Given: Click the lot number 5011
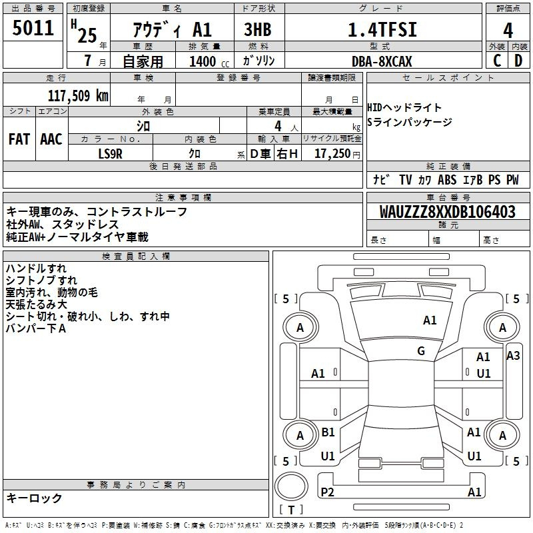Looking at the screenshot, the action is (x=33, y=28).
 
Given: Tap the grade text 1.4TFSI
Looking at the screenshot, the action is (x=382, y=29).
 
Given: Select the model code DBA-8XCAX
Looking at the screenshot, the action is (x=382, y=61).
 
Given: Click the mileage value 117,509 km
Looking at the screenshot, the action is (x=78, y=95).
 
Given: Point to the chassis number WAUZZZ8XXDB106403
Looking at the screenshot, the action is (x=447, y=212).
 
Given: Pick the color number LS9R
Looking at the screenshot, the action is (x=110, y=154).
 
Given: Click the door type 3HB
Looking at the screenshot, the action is (x=258, y=29).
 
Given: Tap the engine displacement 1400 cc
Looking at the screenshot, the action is (x=209, y=61).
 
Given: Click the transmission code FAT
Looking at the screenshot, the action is (x=19, y=139).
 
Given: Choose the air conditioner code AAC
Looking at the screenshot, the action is (x=51, y=139).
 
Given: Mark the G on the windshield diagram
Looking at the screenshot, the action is (x=421, y=350).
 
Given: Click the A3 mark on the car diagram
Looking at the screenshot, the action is (x=513, y=356).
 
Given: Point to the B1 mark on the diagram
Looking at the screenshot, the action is (x=328, y=432).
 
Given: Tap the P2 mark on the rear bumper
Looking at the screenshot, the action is (x=327, y=492).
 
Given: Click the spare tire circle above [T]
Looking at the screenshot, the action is (x=291, y=486).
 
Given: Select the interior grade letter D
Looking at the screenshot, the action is (x=518, y=61).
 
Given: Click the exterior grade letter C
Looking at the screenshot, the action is (x=497, y=61).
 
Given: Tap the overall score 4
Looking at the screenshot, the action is (x=508, y=30).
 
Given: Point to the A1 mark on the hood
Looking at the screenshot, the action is (x=430, y=320).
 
